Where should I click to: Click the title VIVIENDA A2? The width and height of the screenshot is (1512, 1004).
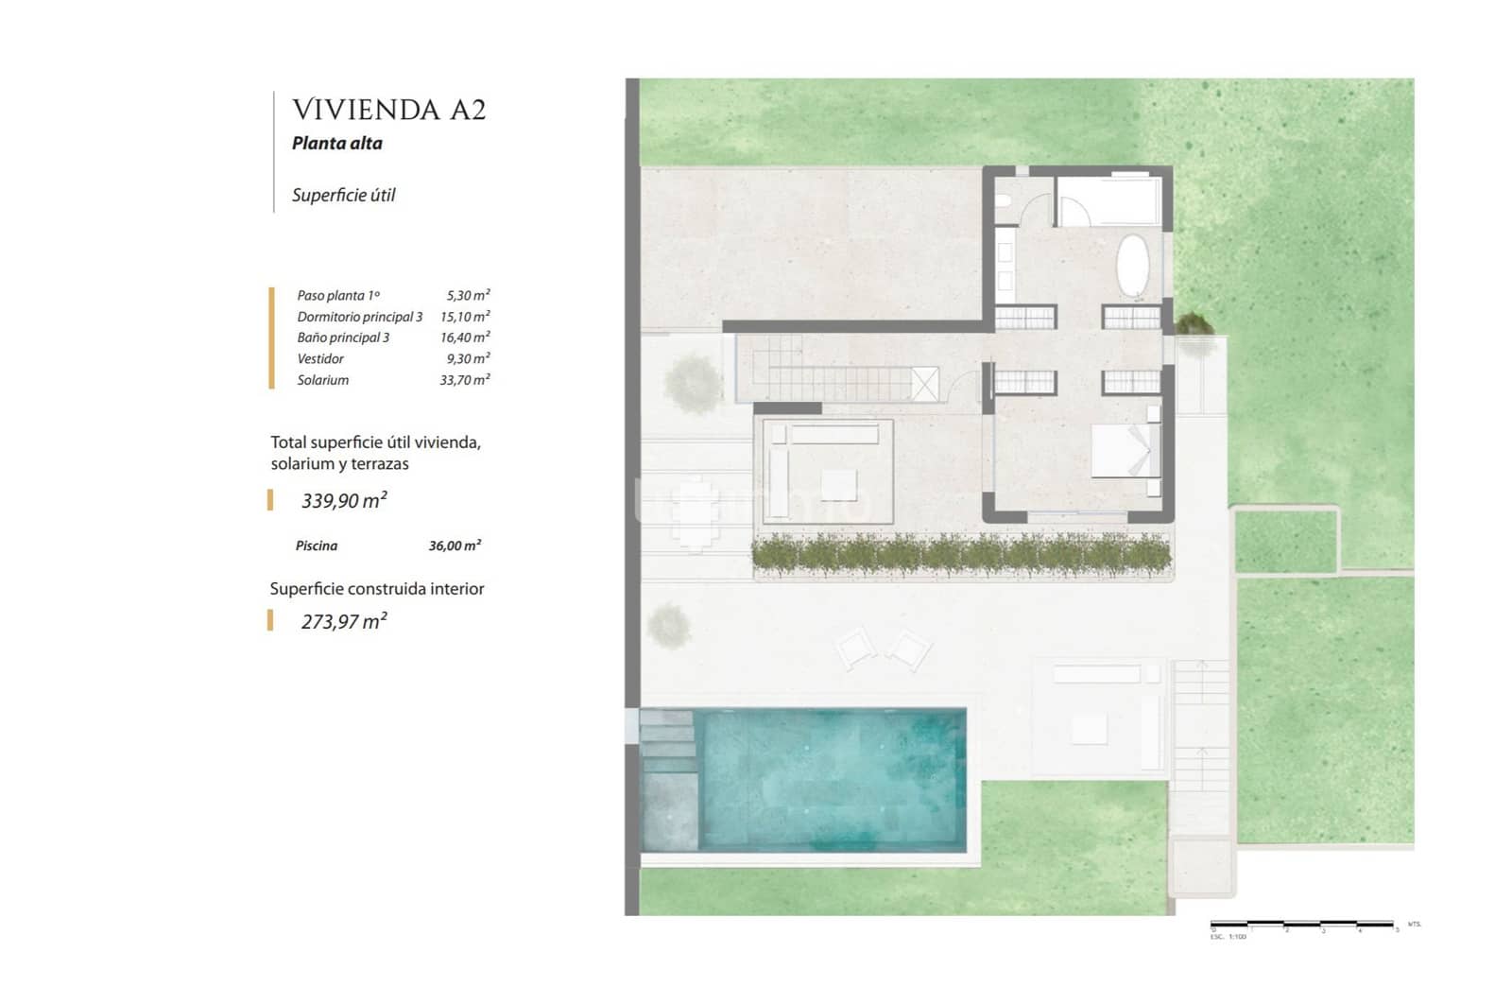click(388, 110)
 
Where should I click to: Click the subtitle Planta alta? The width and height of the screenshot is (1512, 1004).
click(336, 144)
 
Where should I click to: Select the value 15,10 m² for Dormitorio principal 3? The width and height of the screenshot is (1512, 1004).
click(465, 317)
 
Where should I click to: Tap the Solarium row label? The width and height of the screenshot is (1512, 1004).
click(322, 380)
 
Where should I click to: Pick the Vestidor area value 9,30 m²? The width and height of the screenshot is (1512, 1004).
click(468, 358)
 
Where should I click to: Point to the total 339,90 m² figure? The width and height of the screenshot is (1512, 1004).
click(344, 500)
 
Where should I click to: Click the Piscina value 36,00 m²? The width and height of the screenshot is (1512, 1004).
click(455, 545)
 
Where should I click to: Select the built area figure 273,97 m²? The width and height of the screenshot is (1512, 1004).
click(344, 621)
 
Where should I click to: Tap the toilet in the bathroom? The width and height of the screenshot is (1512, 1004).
click(1004, 202)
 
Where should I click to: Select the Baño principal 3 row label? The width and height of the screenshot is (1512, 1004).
click(343, 338)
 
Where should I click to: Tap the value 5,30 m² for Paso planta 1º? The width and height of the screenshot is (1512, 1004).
click(468, 295)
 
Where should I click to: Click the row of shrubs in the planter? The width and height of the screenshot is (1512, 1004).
click(961, 554)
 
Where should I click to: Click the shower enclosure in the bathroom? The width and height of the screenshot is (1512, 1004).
click(1108, 200)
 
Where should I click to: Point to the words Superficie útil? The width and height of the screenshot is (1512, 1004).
click(343, 196)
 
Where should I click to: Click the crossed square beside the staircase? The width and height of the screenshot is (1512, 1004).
click(925, 383)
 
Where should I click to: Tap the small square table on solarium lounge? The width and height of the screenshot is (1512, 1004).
click(838, 484)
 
